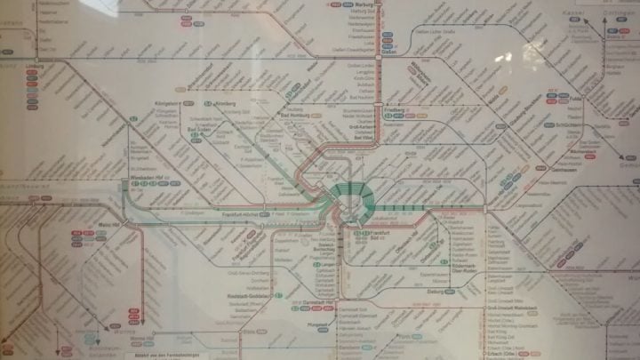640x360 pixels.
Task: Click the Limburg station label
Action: click(x=36, y=67)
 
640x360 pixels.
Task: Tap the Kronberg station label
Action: click(x=225, y=104)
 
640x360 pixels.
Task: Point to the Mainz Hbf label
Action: click(x=110, y=225)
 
